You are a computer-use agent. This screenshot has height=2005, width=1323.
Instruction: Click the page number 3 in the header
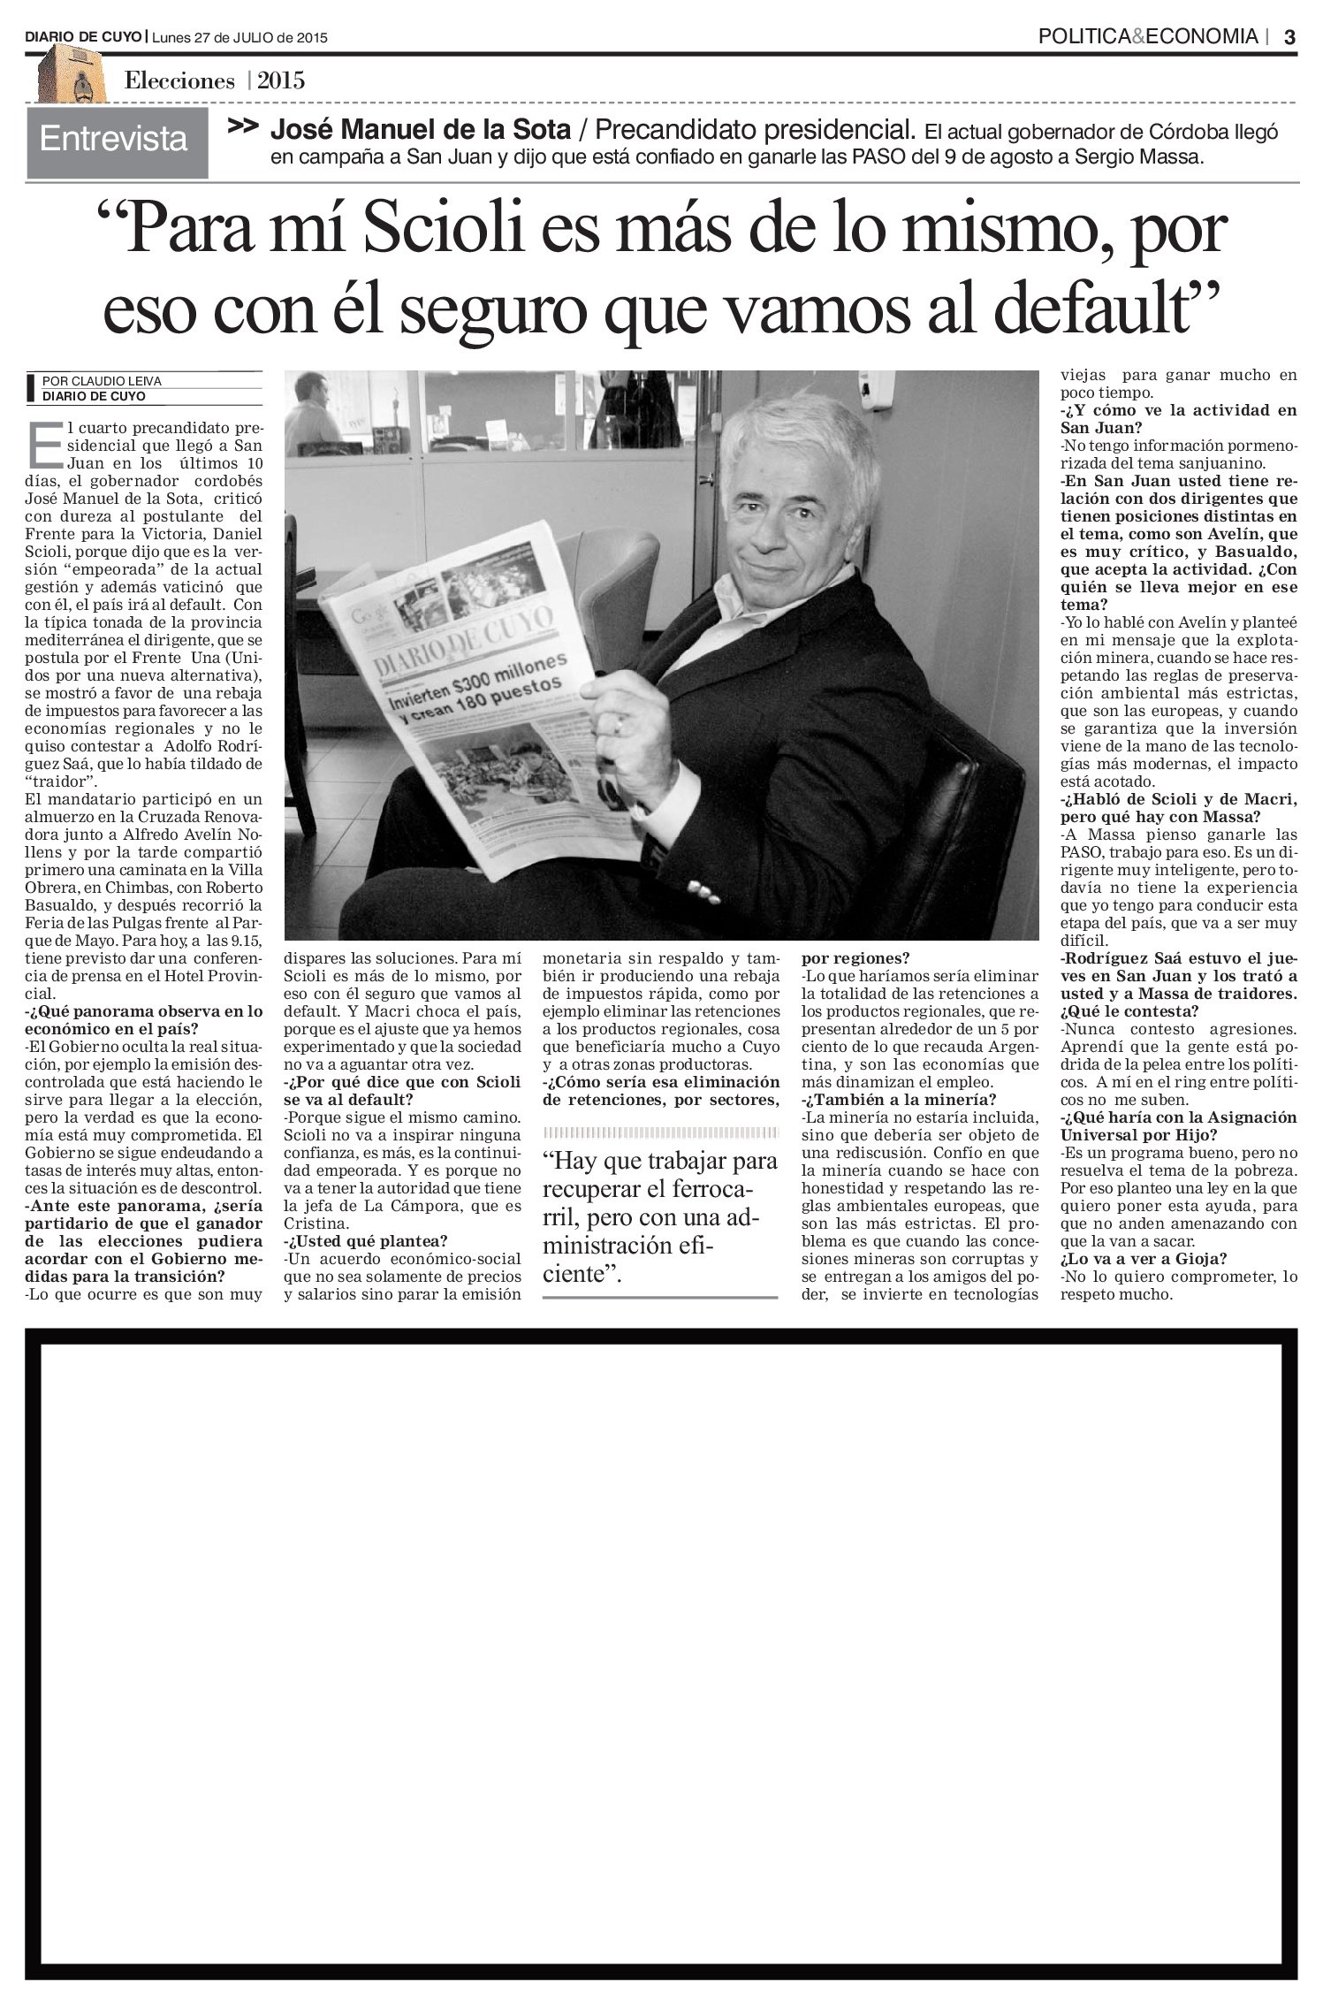pyautogui.click(x=1289, y=37)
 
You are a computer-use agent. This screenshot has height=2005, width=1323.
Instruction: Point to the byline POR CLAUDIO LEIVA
pyautogui.click(x=103, y=381)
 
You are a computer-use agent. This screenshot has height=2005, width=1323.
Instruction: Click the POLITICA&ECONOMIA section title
pyautogui.click(x=1147, y=37)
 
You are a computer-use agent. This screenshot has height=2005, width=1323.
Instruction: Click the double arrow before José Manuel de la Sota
pyautogui.click(x=243, y=127)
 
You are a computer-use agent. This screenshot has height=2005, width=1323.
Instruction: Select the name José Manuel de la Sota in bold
pyautogui.click(x=420, y=131)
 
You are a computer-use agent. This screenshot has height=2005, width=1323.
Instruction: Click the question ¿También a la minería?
pyautogui.click(x=899, y=1100)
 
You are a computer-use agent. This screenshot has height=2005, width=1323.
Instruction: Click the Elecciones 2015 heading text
pyautogui.click(x=215, y=81)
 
